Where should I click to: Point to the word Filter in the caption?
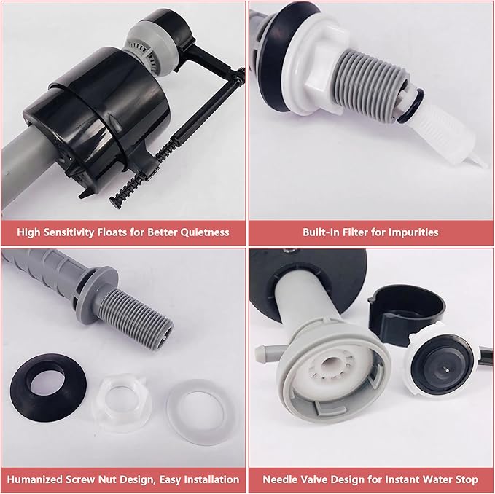point(346,232)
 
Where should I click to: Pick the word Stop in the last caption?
point(464,479)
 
